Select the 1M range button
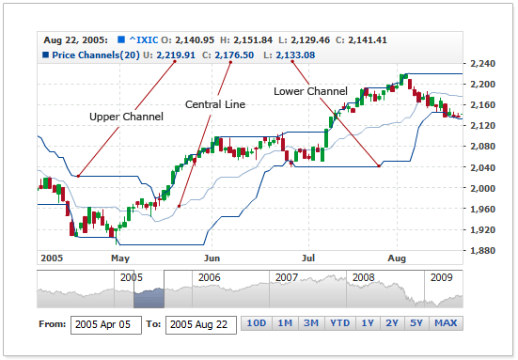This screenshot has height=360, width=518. click(x=284, y=324)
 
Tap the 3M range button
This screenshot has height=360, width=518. click(x=310, y=324)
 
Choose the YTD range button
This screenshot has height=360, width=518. click(x=338, y=324)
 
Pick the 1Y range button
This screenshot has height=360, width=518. click(x=368, y=324)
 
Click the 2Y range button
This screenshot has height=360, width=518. click(x=393, y=324)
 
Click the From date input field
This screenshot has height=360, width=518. click(x=105, y=324)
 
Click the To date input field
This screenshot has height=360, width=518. click(x=201, y=324)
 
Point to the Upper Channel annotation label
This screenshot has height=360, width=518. click(x=126, y=117)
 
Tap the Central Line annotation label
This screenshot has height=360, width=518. click(x=215, y=104)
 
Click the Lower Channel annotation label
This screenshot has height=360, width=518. click(x=310, y=91)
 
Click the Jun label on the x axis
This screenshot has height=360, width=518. click(x=212, y=256)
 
